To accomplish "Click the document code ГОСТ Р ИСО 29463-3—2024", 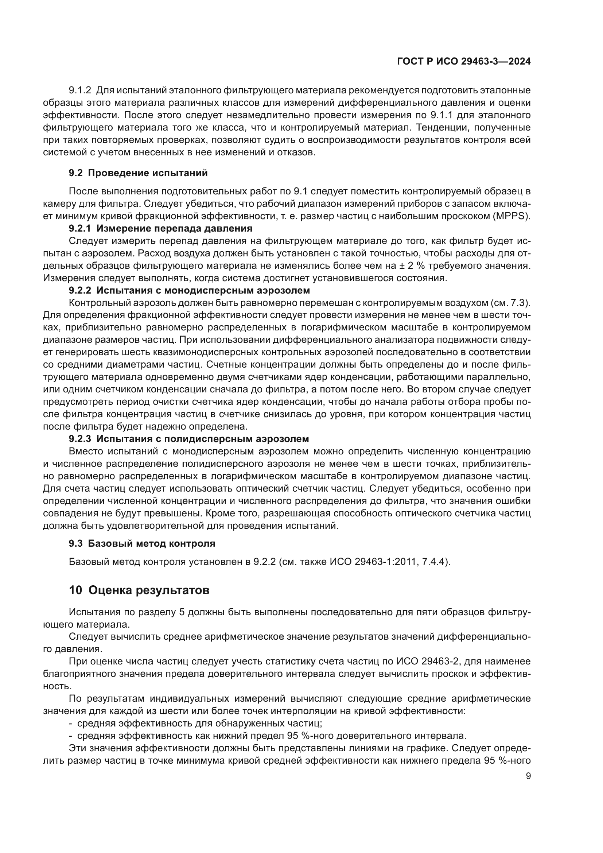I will coord(464,62).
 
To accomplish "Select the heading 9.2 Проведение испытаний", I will coord(138,173).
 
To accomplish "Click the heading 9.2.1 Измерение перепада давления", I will coord(160,228).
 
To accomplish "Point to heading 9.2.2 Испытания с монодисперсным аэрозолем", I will coord(189,290).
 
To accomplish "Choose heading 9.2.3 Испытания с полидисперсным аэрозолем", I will coord(188,439).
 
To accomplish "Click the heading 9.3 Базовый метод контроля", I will coord(142,543).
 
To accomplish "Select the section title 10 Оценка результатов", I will coord(139,590).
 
